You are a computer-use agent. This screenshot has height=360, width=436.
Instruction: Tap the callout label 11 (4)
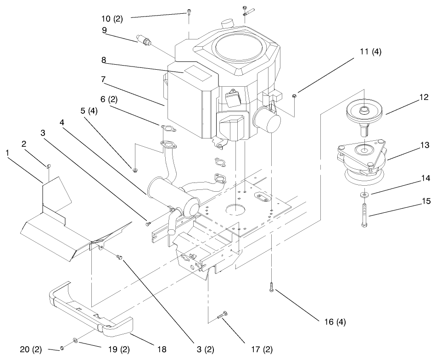click(370, 52)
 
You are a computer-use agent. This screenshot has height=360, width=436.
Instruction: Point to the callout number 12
click(424, 97)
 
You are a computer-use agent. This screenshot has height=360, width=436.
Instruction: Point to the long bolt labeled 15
click(363, 213)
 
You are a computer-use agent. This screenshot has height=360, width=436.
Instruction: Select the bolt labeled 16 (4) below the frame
click(272, 289)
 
